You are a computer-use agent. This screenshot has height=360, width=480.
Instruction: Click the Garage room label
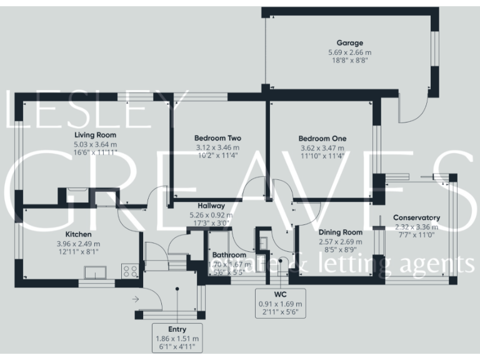(x=349, y=43)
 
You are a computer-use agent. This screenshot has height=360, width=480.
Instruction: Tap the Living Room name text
(x=95, y=135)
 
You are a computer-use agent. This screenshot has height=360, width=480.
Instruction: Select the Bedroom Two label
(x=217, y=138)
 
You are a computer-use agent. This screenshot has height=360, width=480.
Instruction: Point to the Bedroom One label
(x=322, y=138)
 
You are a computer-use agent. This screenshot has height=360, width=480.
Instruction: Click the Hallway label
(x=211, y=206)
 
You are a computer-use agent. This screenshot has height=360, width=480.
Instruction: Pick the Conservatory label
(x=416, y=217)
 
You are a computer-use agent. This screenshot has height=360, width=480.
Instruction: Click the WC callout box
(x=279, y=302)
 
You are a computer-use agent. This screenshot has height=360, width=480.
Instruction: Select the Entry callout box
(x=177, y=338)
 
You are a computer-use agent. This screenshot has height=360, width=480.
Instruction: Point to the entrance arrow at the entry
(x=136, y=300)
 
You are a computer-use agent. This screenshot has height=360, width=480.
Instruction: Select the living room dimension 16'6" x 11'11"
(x=95, y=152)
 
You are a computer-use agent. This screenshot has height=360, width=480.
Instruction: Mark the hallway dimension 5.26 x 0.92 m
(x=211, y=214)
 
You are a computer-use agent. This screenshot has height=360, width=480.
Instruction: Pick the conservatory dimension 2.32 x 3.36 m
(x=416, y=226)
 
